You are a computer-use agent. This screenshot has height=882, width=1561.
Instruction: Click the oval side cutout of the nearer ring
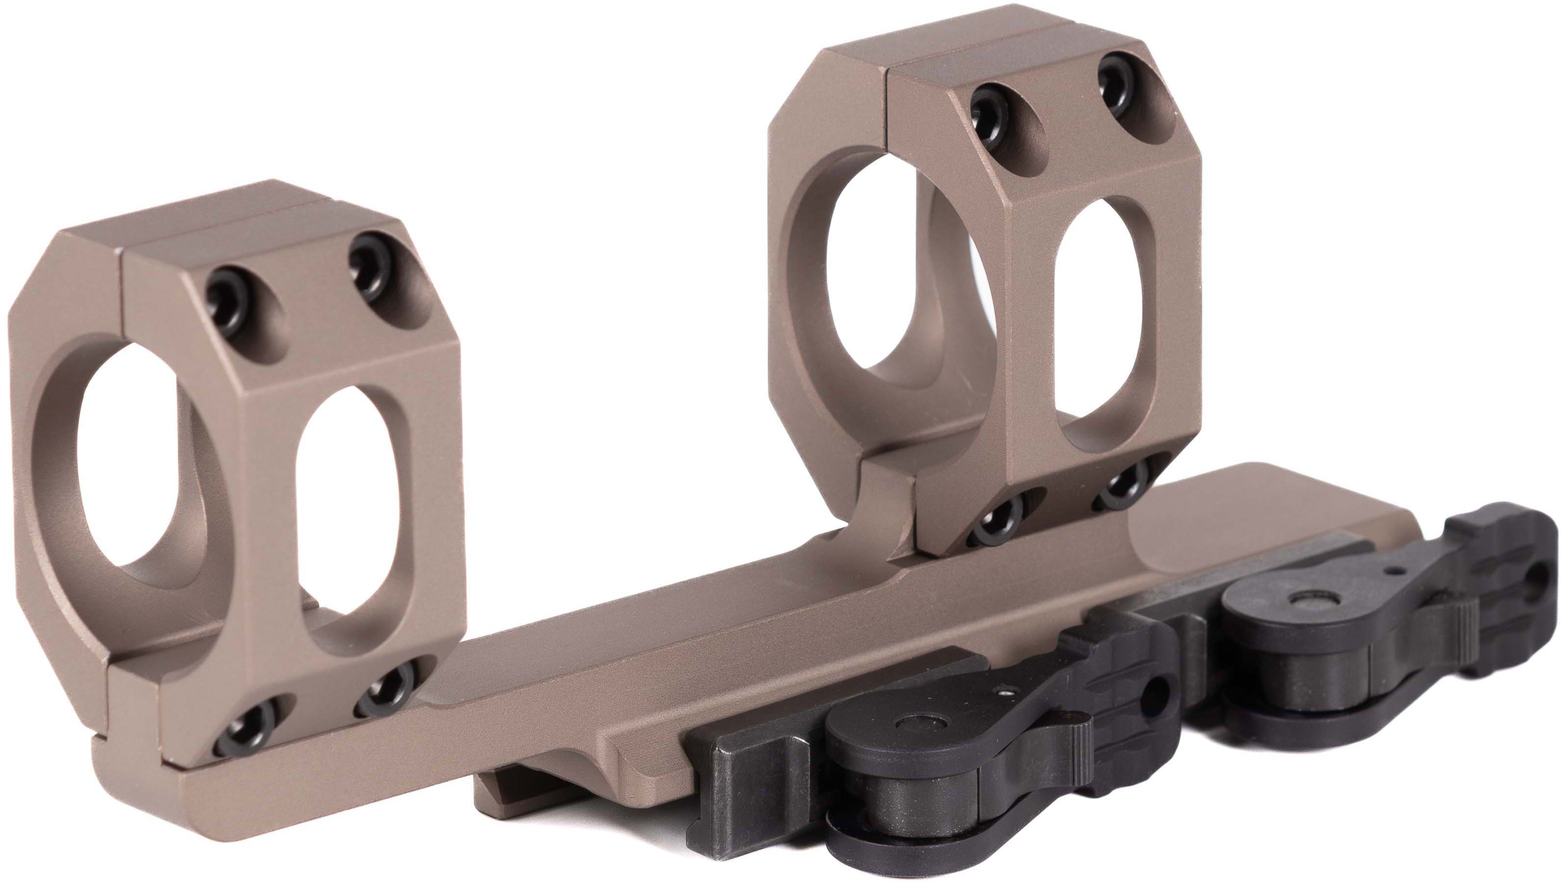click(349, 515)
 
